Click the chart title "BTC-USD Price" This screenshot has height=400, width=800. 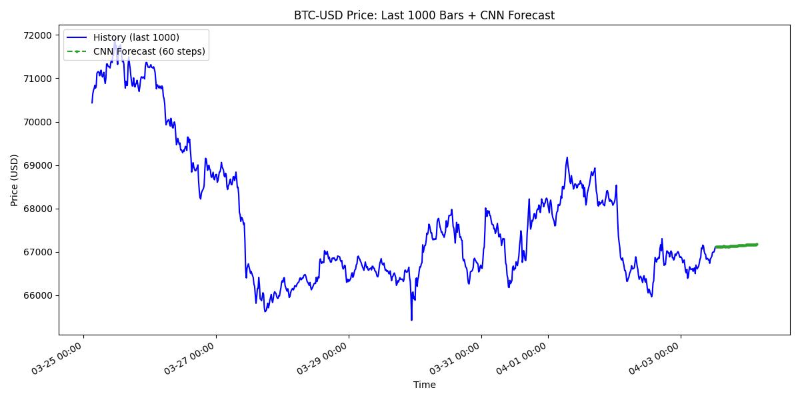424,15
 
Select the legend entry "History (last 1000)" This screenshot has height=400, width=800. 136,37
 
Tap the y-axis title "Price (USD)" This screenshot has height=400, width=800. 15,180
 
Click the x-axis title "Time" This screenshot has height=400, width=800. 424,385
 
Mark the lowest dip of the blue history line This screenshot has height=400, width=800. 411,320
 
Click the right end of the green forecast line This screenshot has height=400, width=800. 757,244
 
